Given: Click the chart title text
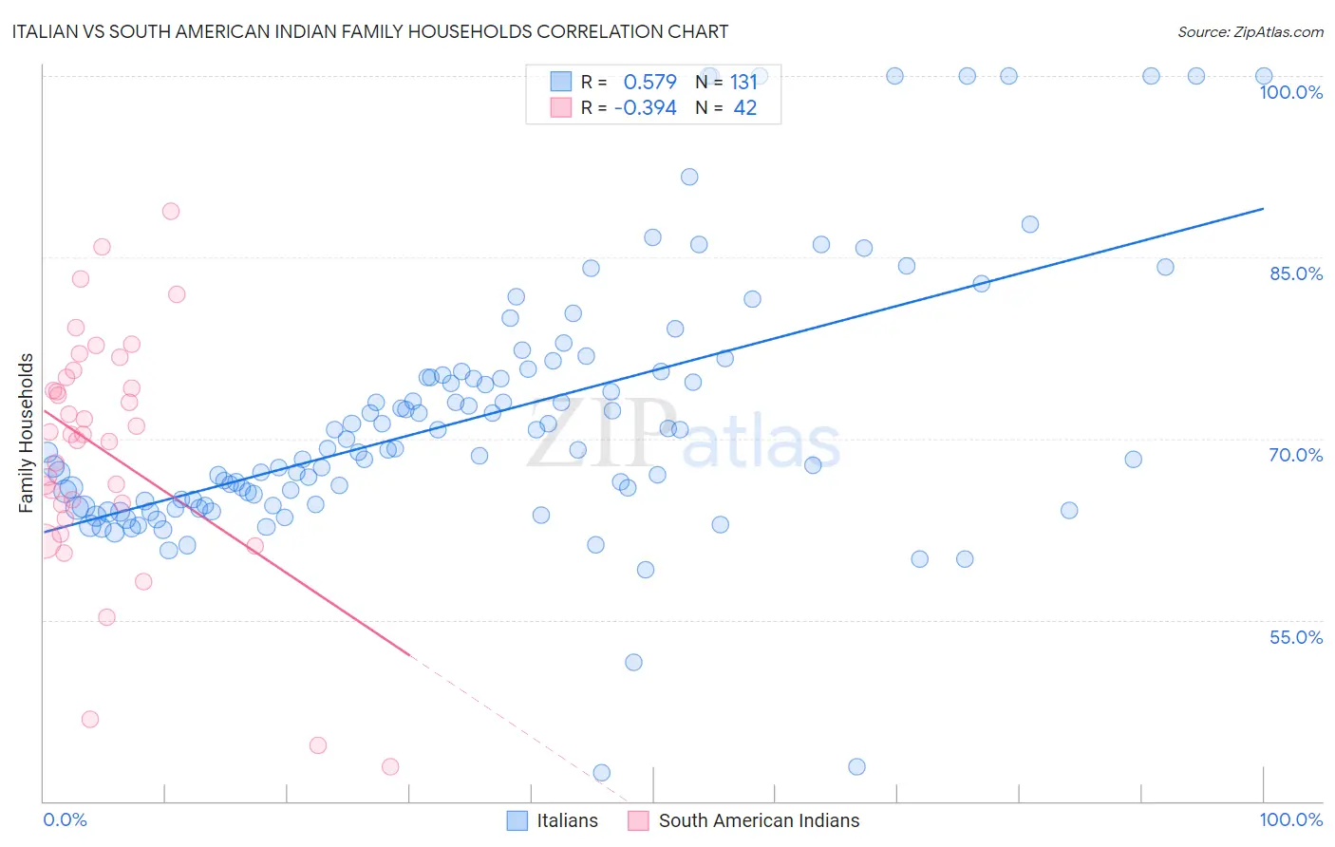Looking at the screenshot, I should pyautogui.click(x=371, y=31).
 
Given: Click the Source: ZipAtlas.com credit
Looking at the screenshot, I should pyautogui.click(x=1250, y=31).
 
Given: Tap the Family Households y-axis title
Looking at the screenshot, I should pyautogui.click(x=27, y=433).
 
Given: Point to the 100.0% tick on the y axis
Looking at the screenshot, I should pyautogui.click(x=1290, y=92).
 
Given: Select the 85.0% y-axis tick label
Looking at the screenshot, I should pyautogui.click(x=1295, y=273).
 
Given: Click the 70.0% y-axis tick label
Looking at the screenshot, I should pyautogui.click(x=1295, y=455).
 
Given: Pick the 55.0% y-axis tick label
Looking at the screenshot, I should pyautogui.click(x=1295, y=637).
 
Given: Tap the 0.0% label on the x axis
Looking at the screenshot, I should pyautogui.click(x=65, y=819).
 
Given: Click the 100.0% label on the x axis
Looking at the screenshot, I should pyautogui.click(x=1290, y=819).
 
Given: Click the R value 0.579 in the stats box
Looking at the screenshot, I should pyautogui.click(x=649, y=82).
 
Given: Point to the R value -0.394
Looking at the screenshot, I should pyautogui.click(x=645, y=108).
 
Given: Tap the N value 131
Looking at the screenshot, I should pyautogui.click(x=743, y=82).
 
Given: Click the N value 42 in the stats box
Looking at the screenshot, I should pyautogui.click(x=744, y=108).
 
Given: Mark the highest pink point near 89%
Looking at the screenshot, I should pyautogui.click(x=171, y=211).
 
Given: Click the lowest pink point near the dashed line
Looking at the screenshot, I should pyautogui.click(x=390, y=766).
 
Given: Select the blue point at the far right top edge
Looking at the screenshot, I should pyautogui.click(x=1264, y=76).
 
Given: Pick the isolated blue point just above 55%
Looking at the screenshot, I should pyautogui.click(x=633, y=662).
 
